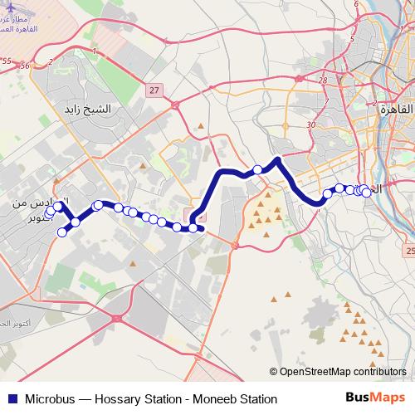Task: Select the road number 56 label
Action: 26,66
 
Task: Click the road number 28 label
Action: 323,81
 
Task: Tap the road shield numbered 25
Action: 409,249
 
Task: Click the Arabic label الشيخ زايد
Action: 93,109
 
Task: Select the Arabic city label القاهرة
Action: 384,109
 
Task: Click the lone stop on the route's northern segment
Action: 257,169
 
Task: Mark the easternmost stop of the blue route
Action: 366,193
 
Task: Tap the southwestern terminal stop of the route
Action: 61,232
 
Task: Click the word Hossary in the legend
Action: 124,398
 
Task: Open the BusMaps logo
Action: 369,398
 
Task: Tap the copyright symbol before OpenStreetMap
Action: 275,372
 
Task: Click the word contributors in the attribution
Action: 383,372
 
